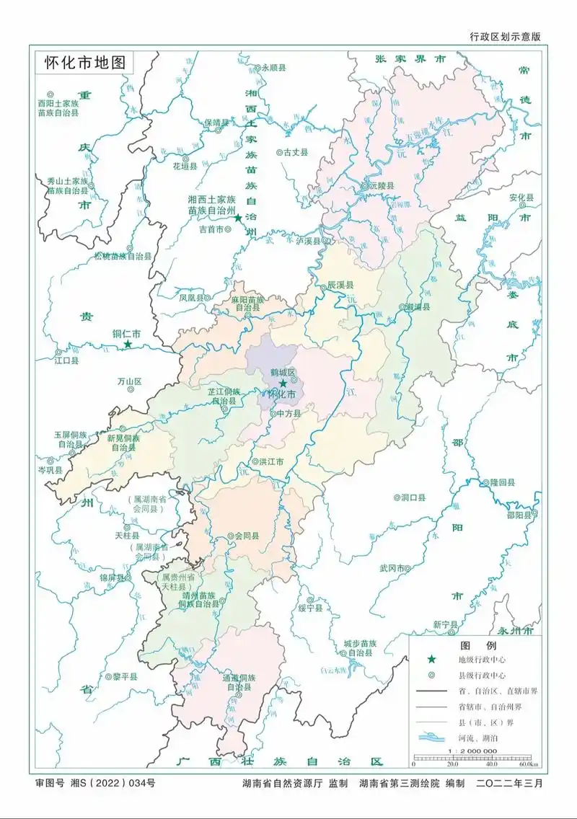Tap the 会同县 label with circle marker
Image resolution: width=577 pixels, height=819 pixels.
click(x=247, y=536)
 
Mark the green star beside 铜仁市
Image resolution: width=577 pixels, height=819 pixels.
click(x=128, y=345)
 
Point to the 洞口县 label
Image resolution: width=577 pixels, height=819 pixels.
click(x=413, y=497)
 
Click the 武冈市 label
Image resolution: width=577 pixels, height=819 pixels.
click(x=394, y=568)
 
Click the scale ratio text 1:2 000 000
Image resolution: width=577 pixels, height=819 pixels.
click(x=472, y=751)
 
